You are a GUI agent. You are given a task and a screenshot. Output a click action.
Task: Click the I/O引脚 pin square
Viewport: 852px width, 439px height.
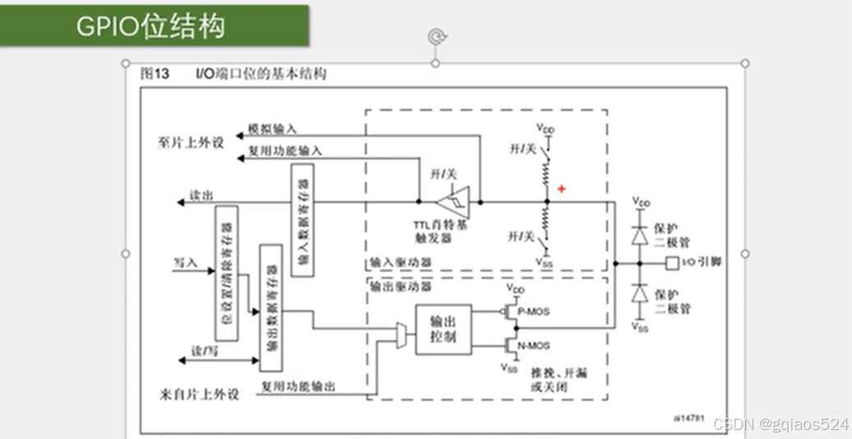(x=671, y=264)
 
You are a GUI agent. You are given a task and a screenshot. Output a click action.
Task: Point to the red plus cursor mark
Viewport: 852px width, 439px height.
(x=562, y=189)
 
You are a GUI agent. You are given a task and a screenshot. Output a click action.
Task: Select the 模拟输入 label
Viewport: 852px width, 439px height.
(x=273, y=129)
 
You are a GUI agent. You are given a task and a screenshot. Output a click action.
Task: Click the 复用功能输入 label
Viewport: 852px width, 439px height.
(x=285, y=151)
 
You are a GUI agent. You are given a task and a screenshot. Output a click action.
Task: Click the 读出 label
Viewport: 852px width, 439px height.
(x=201, y=196)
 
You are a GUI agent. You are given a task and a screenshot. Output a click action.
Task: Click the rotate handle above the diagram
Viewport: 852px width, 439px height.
(x=435, y=36)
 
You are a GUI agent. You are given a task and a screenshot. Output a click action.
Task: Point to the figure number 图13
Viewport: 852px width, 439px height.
(x=154, y=74)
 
